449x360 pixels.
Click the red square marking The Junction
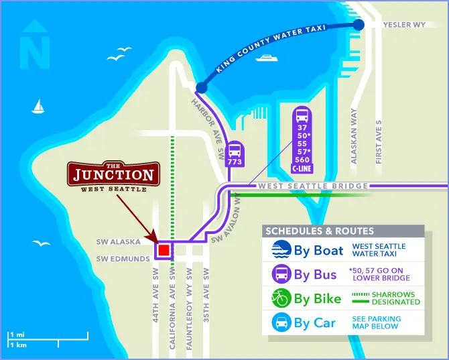click(164, 251)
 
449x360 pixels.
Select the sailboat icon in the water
click(39, 106)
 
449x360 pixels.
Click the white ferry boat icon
click(267, 58)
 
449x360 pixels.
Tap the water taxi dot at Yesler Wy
click(359, 25)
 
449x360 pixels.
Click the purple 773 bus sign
click(235, 155)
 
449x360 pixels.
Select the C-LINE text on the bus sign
click(302, 169)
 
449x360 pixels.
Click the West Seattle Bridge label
click(313, 186)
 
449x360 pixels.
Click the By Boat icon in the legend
click(280, 251)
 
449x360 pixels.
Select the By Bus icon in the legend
click(280, 274)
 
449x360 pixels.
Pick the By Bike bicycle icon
click(280, 298)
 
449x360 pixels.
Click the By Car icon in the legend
click(280, 322)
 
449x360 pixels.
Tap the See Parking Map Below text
click(377, 322)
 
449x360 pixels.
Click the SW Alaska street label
click(121, 241)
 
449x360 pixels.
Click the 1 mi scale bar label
click(16, 333)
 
